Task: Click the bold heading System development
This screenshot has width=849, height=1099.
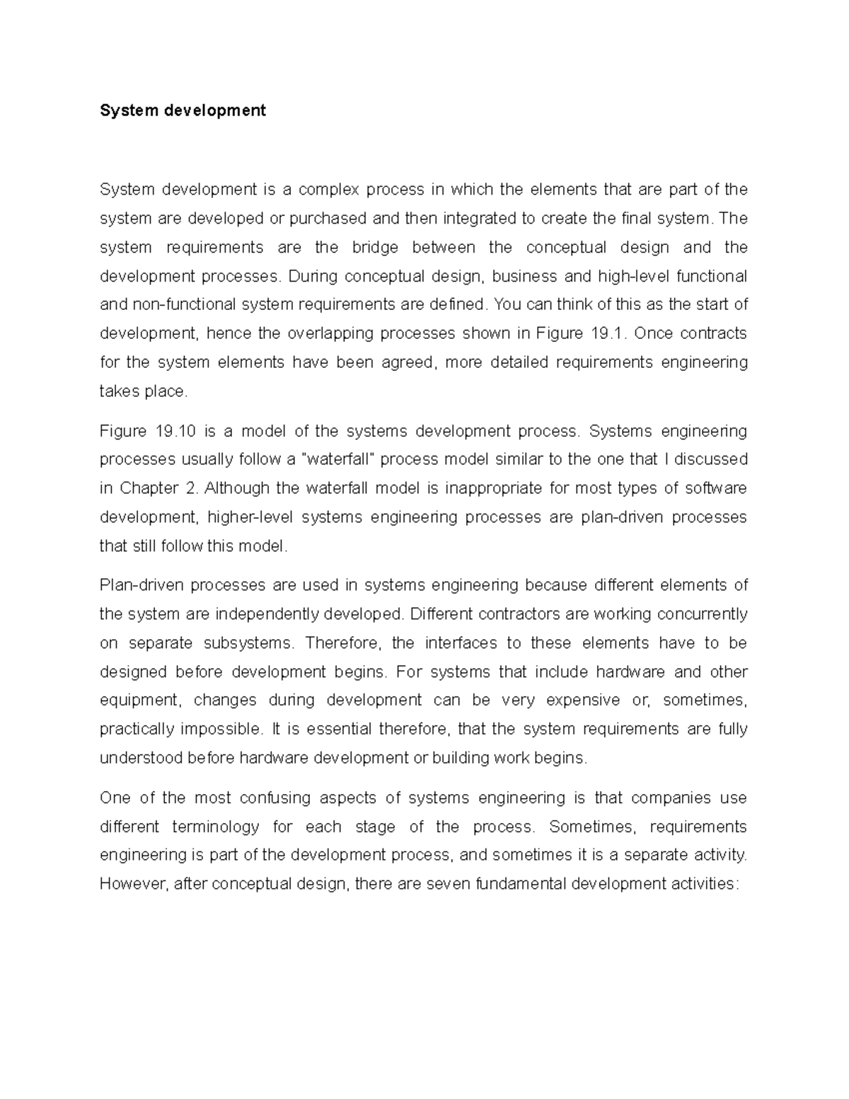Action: (183, 110)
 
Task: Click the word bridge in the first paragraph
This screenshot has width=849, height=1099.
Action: (375, 247)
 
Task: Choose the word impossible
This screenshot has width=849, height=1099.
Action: (221, 729)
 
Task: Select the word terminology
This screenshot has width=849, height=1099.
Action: (216, 827)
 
